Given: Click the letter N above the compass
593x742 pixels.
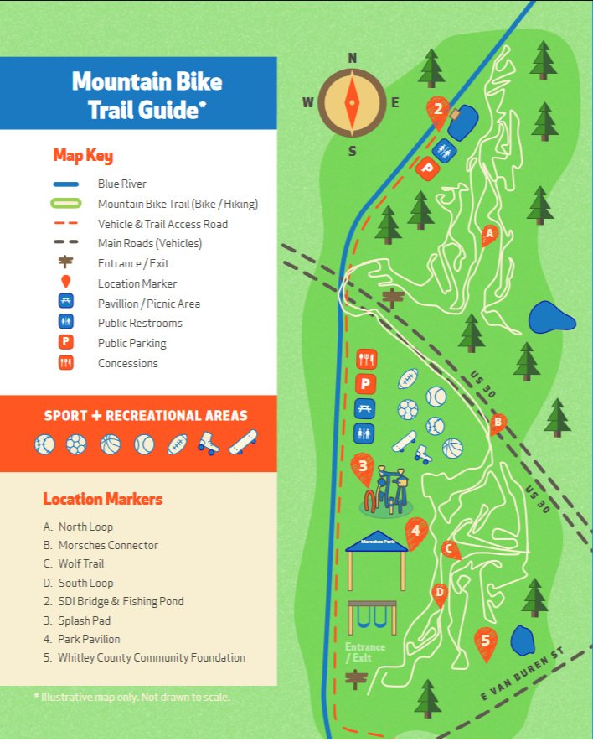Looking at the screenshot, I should [353, 58].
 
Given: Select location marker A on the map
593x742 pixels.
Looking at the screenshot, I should [490, 233].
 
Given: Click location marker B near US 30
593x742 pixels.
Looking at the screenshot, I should [498, 422].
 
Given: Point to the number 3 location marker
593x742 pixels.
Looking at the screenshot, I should [363, 468].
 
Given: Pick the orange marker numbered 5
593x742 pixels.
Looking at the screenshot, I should [484, 642].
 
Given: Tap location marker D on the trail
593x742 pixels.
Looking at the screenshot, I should [440, 593].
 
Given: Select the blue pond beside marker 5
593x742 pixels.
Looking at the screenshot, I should [523, 641].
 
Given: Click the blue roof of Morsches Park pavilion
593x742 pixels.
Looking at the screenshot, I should [376, 542].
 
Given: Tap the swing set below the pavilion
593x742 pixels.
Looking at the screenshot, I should [373, 617].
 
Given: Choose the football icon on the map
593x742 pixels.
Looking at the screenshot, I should [408, 378].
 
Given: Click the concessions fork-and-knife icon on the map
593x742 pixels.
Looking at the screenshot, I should [366, 360].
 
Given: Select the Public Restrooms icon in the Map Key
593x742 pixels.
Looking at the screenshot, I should [66, 323].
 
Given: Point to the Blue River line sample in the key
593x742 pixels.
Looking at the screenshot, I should [66, 184].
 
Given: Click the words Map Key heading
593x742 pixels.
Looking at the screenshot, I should [83, 156].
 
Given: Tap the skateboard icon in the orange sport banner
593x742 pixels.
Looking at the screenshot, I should [243, 441].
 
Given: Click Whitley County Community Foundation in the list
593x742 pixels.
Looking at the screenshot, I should [152, 658].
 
